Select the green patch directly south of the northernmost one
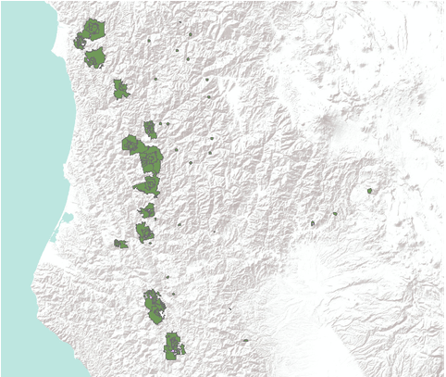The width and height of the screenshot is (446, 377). tap(95, 58)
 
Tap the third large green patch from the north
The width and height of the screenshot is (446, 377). tap(120, 89)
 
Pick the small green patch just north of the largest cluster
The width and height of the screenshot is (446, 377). tap(150, 130)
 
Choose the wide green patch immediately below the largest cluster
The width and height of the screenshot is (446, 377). tap(147, 186)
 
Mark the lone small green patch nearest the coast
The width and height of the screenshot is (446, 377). tap(120, 244)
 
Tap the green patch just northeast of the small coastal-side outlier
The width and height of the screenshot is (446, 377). tap(143, 232)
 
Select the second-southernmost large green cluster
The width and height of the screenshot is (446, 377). tap(154, 307)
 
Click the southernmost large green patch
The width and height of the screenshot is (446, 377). tap(172, 347)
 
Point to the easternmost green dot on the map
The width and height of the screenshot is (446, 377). tap(369, 191)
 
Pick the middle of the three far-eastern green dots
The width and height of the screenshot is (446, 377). tap(335, 214)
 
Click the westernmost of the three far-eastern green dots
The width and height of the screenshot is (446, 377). tap(314, 224)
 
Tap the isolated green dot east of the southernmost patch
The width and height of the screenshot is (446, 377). tap(246, 341)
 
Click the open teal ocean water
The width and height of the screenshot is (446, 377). tap(23, 139)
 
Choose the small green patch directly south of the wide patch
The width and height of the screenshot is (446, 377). tap(148, 211)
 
